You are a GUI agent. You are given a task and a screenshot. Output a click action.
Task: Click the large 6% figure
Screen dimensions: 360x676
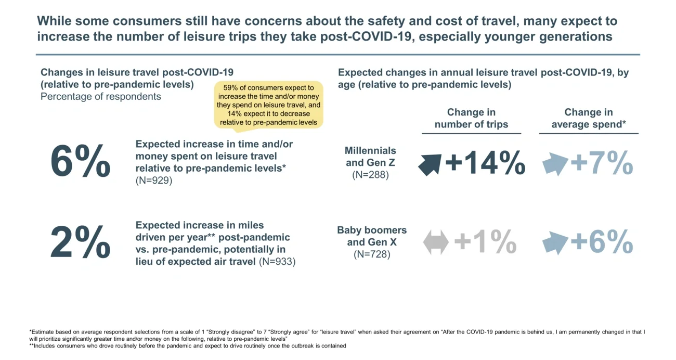pos(80,162)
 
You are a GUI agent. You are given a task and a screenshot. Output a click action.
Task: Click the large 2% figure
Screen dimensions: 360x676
pos(80,242)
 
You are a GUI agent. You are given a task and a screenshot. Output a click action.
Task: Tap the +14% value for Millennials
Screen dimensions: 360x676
pos(485,163)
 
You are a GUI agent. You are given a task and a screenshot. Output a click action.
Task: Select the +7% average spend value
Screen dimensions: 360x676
pos(602,163)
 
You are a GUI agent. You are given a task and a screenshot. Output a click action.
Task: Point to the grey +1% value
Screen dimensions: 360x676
pos(485,242)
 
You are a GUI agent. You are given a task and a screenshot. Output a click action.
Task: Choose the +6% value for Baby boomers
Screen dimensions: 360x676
pos(602,242)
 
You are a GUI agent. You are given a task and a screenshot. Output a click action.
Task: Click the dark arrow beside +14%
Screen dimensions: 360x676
pos(430,164)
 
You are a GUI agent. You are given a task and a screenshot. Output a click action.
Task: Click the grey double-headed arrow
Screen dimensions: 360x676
pos(436,243)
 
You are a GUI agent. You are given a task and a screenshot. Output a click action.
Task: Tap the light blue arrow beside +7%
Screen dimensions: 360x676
pos(554,164)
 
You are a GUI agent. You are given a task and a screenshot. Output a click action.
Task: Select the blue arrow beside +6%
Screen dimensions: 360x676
pos(554,243)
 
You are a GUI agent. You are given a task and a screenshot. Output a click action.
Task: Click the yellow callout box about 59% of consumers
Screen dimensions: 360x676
pos(268,105)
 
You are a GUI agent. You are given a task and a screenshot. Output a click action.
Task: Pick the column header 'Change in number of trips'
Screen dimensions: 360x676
pos(471,118)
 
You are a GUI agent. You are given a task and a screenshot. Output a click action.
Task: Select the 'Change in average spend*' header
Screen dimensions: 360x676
pos(588,118)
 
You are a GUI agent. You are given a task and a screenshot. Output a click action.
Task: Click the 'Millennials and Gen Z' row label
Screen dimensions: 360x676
pos(370,157)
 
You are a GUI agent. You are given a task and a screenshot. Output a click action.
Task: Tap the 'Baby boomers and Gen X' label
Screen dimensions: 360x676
pos(372,236)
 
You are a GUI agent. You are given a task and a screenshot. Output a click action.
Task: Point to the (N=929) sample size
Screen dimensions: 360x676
pos(154,181)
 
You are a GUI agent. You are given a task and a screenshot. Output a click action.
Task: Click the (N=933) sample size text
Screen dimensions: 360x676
pos(277,262)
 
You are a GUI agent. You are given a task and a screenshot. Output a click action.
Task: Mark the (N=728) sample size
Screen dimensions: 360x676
pos(372,254)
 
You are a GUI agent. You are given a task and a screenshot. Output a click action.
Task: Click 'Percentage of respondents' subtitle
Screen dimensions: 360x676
pos(101,97)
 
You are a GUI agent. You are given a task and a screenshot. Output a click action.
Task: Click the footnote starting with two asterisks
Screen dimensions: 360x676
pos(188,345)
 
